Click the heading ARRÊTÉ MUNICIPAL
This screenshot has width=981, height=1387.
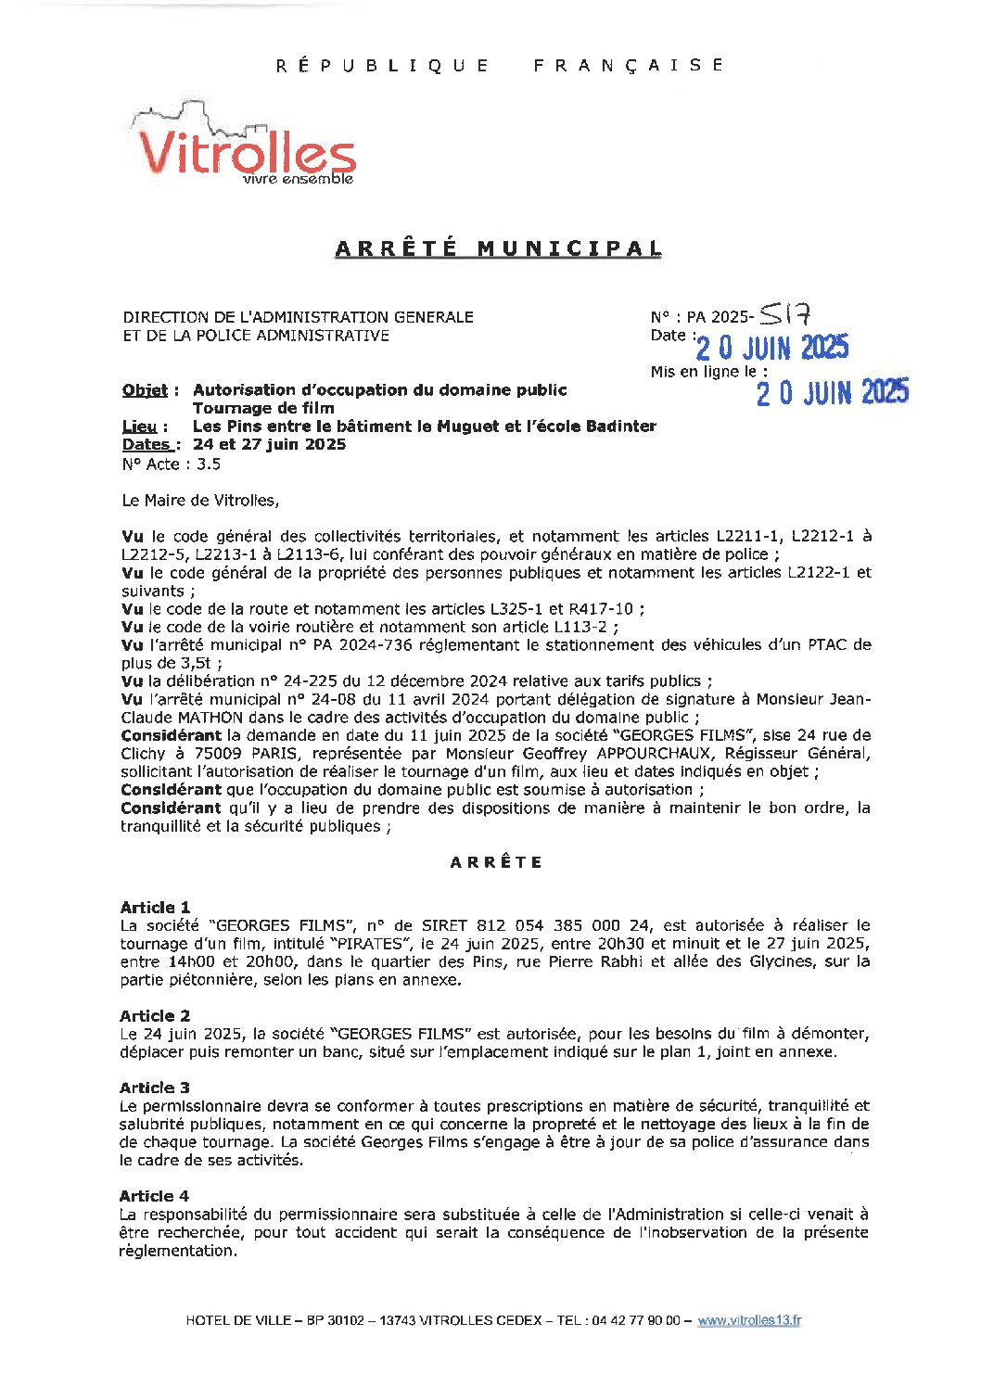click(498, 248)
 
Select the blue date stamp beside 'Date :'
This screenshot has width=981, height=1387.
click(771, 348)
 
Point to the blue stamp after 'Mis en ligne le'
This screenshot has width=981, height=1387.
click(832, 392)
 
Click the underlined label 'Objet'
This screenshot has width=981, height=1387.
click(146, 390)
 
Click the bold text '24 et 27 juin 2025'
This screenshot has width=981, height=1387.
click(269, 444)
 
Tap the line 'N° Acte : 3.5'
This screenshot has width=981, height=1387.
click(171, 464)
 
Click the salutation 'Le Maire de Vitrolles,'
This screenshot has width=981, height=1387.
click(200, 500)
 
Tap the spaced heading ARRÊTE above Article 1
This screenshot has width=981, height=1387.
click(497, 862)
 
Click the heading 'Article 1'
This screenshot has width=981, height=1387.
click(155, 907)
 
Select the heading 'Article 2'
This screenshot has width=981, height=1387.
click(155, 1015)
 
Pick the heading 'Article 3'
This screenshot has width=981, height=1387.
click(155, 1088)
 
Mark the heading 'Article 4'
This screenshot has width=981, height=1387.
click(154, 1196)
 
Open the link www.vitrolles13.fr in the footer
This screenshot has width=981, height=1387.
click(749, 1320)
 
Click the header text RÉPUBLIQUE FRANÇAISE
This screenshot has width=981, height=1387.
click(500, 65)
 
